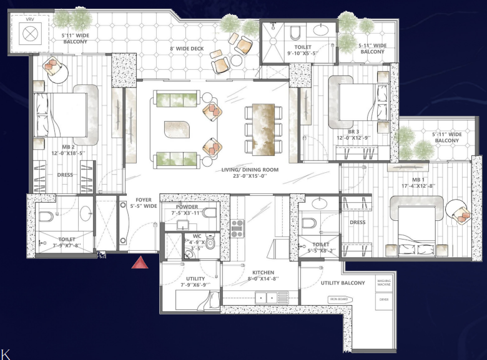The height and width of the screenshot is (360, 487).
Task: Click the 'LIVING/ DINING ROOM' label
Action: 250,170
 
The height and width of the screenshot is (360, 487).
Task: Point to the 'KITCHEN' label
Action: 263,273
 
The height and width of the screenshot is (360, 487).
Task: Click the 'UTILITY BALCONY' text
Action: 343,283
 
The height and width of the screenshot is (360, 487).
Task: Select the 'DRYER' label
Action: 384,299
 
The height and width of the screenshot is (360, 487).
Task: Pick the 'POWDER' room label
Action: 187,207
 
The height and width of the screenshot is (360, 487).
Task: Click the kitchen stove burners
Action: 237,228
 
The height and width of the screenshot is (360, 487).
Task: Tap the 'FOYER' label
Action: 144,200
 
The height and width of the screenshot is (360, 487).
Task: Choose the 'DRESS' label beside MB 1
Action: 357,222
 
